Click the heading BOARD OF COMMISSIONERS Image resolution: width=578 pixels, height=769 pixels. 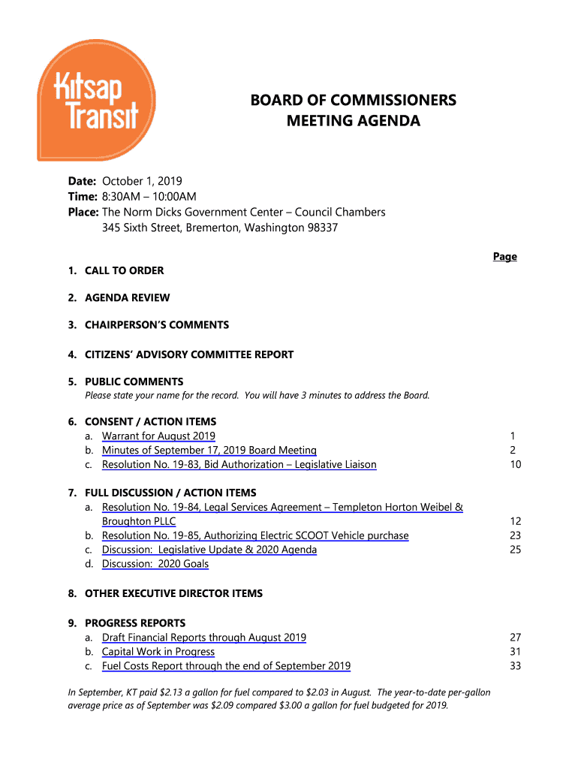click(x=354, y=100)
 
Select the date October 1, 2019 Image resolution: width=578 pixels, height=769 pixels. click(x=142, y=181)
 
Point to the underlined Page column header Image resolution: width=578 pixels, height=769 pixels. click(x=504, y=257)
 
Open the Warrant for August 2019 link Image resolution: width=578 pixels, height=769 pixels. click(x=158, y=436)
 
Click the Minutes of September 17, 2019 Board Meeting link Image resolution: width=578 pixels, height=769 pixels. click(x=209, y=451)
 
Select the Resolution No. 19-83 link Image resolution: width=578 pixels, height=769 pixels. click(x=239, y=465)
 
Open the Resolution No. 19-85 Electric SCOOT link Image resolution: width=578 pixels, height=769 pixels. click(x=255, y=535)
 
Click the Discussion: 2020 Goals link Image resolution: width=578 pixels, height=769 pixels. click(x=155, y=564)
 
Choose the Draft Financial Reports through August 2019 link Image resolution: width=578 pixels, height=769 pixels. click(x=203, y=638)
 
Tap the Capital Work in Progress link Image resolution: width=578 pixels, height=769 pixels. click(x=158, y=652)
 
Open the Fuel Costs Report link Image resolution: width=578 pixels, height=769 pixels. click(x=226, y=666)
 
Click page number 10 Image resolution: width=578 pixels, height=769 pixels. click(x=515, y=465)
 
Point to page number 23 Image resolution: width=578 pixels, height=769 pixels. click(x=515, y=535)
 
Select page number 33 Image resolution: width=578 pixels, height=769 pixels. click(x=515, y=666)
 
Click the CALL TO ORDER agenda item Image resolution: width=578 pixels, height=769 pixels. click(x=124, y=270)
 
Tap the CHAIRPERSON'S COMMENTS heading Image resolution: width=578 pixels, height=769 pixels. click(x=157, y=325)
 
